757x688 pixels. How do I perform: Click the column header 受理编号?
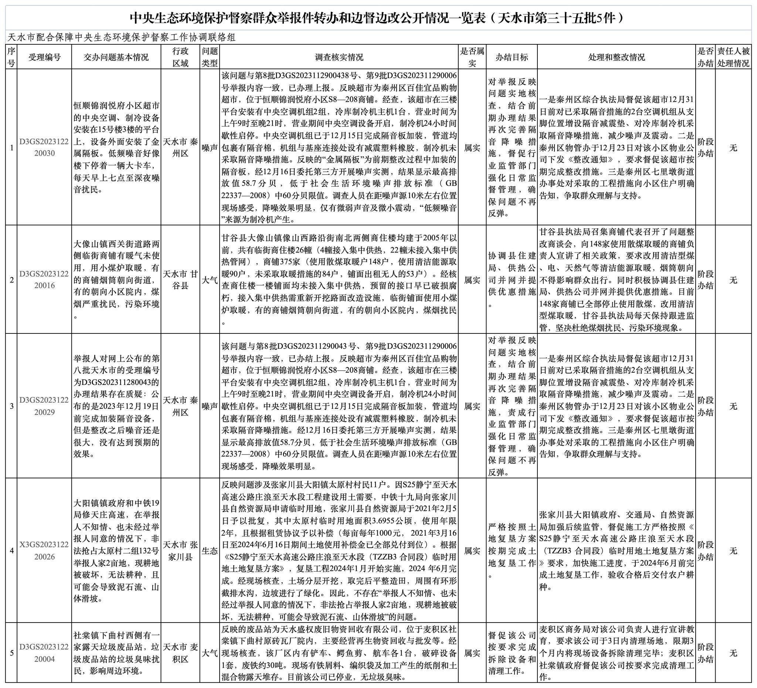(x=44, y=57)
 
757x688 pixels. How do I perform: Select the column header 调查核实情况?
(x=339, y=57)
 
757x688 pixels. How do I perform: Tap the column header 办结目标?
(x=512, y=57)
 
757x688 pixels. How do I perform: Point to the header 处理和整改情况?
(x=616, y=57)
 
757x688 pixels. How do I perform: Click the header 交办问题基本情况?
(x=116, y=57)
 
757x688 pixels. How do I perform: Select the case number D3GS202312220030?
(x=44, y=148)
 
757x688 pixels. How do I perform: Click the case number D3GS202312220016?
(x=44, y=279)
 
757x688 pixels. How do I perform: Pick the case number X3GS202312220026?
(x=44, y=550)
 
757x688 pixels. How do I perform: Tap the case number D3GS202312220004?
(x=44, y=653)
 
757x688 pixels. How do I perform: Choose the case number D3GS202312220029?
(x=44, y=406)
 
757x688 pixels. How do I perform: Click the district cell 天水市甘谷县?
(x=180, y=280)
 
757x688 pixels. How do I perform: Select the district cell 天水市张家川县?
(x=180, y=550)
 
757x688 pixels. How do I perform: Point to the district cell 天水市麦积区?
(x=180, y=653)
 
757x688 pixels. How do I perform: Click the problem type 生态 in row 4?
(x=210, y=551)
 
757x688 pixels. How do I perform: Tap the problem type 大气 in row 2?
(x=210, y=280)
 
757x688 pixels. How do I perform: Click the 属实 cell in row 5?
(x=472, y=654)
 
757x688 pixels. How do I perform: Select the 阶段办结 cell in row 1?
(x=705, y=148)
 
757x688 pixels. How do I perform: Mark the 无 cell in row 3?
(x=733, y=406)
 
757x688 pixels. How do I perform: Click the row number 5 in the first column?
(x=11, y=654)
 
